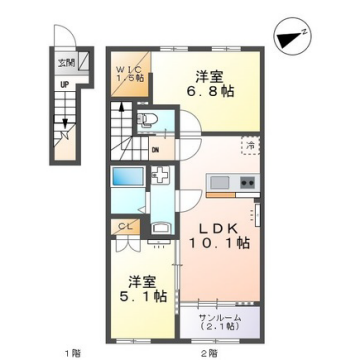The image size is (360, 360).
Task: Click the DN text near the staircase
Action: pyautogui.click(x=154, y=151)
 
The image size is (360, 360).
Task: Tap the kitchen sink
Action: pyautogui.click(x=218, y=182)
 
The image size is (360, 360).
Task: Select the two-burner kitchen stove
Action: pyautogui.click(x=246, y=182)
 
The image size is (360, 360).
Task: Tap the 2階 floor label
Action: pyautogui.click(x=208, y=351)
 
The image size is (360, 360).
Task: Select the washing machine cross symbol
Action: pyautogui.click(x=160, y=177)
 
